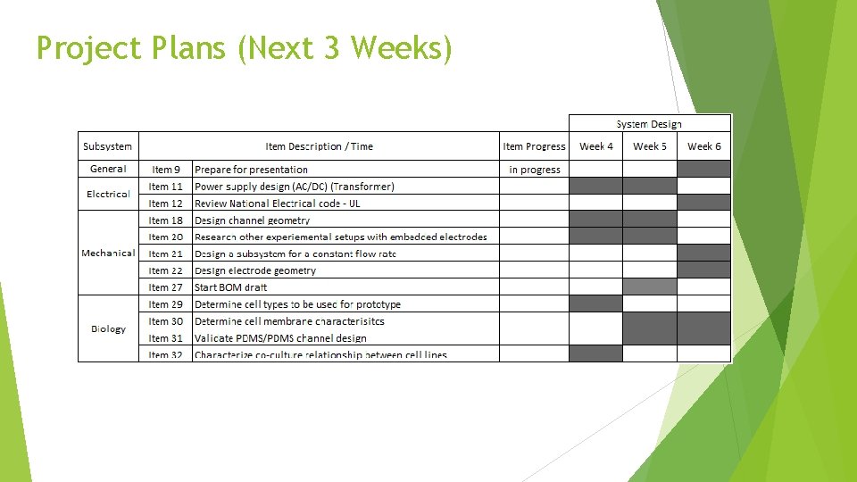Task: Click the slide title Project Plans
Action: tap(244, 47)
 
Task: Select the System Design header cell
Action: tap(649, 124)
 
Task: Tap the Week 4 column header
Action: tap(595, 146)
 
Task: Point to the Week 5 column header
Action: tap(650, 146)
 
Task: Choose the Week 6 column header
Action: tap(704, 146)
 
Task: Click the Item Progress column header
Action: tap(534, 146)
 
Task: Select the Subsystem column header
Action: tap(108, 146)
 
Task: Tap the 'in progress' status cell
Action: tap(534, 170)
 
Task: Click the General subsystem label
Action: tap(108, 169)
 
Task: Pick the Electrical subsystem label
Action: tap(108, 194)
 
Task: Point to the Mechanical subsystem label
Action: tap(108, 253)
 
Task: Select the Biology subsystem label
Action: tap(108, 328)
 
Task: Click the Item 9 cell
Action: tap(166, 170)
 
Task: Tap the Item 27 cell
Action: tap(166, 287)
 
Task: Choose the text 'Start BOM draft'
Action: tap(230, 287)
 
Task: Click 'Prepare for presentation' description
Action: tap(251, 170)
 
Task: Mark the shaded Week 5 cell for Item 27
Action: tap(650, 287)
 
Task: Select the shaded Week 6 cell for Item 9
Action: tap(704, 169)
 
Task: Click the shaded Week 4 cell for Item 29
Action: tap(595, 303)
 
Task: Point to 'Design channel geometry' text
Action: tap(252, 220)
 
